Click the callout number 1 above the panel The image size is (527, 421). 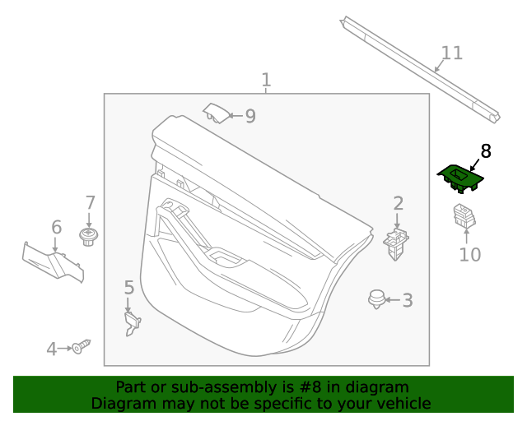point(266,80)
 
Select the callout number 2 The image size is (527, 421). point(399,203)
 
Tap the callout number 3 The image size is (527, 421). point(408,300)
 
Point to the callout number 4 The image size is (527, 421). point(51,349)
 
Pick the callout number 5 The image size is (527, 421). point(129,288)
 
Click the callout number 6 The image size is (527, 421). point(57,227)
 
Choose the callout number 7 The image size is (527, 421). point(90,203)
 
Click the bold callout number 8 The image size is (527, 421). point(486,151)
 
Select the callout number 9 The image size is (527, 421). point(250,116)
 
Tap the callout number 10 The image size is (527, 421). point(470,255)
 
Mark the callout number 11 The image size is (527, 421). point(451,53)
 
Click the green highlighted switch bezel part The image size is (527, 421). point(460,178)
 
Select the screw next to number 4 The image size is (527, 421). point(82,347)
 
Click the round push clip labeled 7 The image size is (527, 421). point(88,237)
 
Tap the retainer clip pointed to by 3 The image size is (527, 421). point(376,299)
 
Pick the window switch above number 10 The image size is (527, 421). point(464,215)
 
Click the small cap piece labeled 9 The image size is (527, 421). point(216,113)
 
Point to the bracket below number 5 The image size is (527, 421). point(133,324)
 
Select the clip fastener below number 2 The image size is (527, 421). point(396,244)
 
